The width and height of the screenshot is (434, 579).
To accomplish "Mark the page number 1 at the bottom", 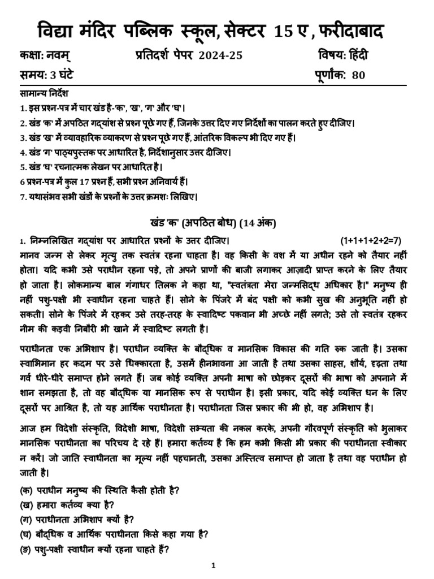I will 214,565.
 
